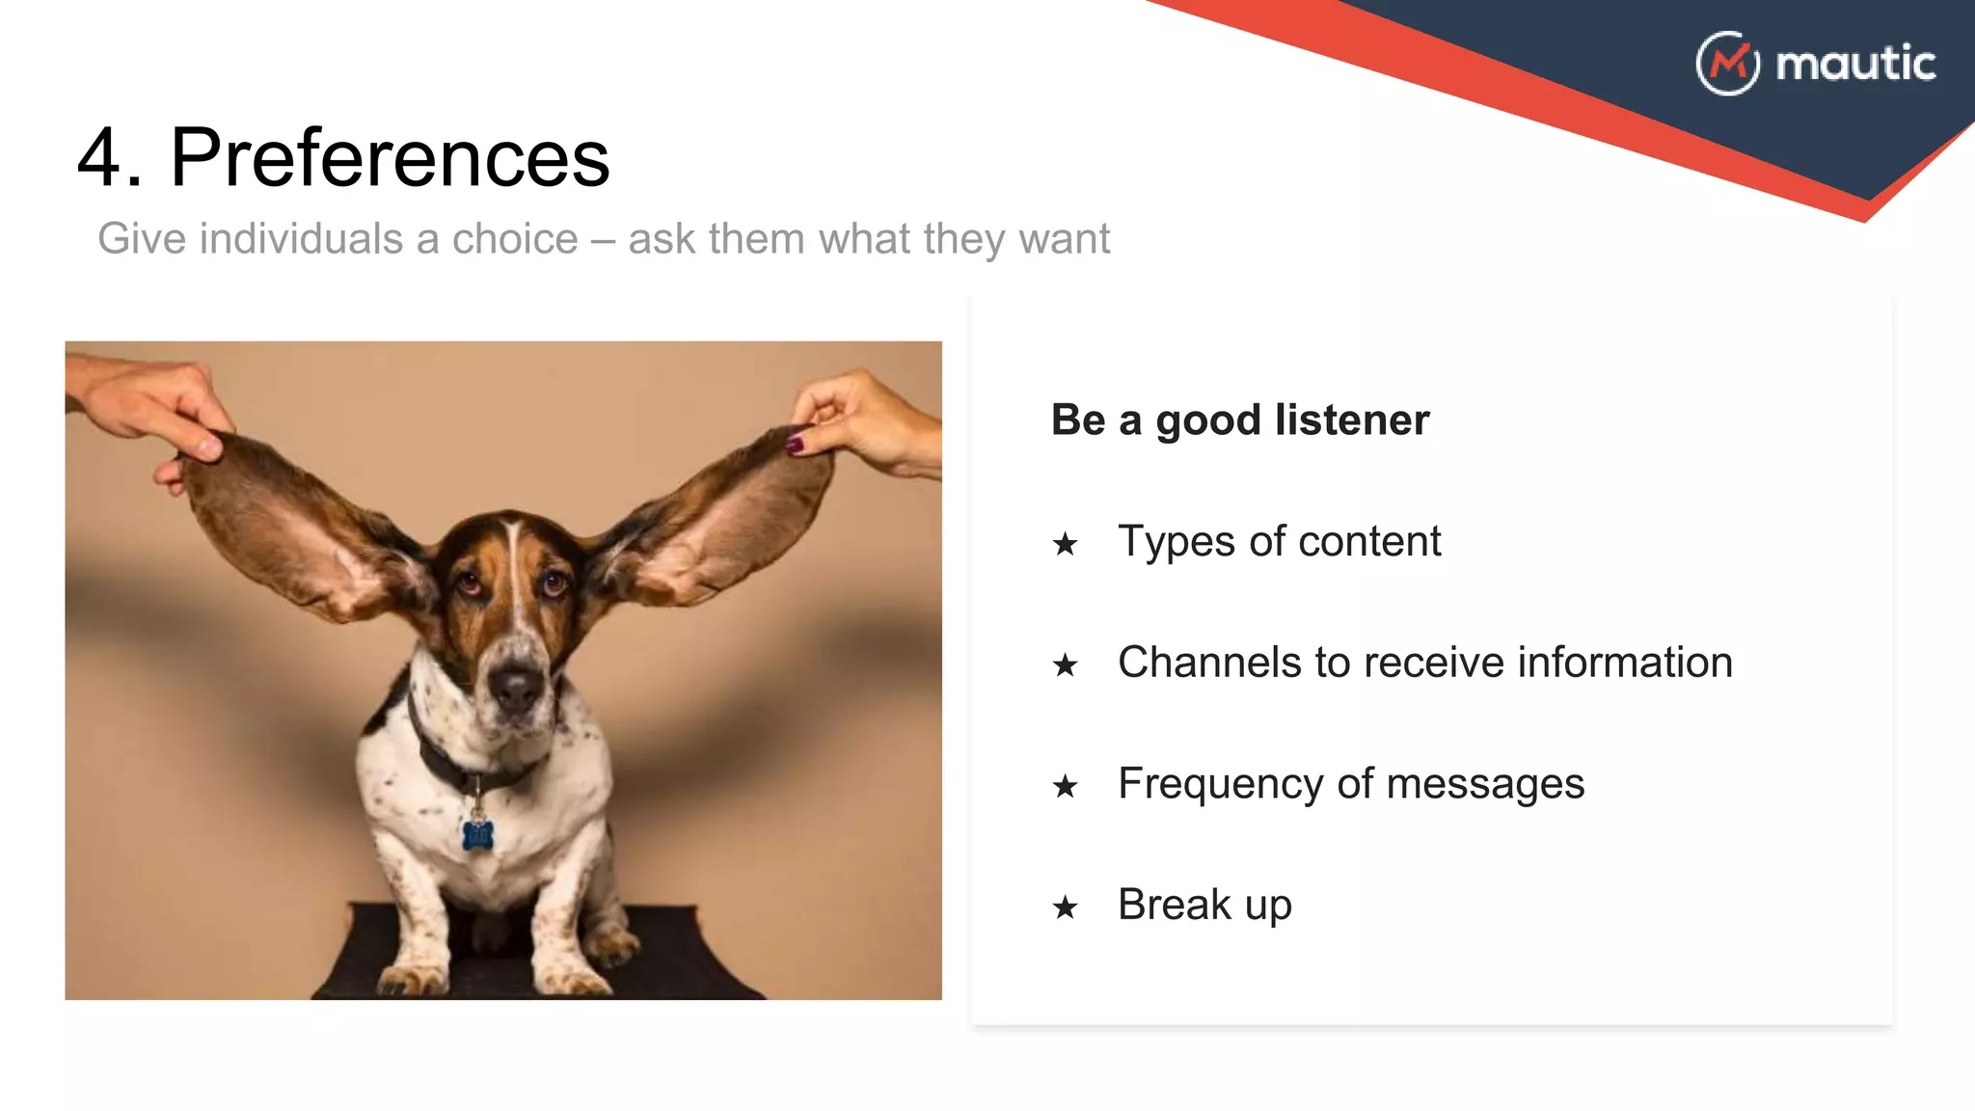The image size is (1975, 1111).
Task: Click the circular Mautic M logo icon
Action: pyautogui.click(x=1727, y=64)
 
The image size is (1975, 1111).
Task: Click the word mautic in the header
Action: pyautogui.click(x=1855, y=64)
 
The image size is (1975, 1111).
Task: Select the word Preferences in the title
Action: pyautogui.click(x=390, y=158)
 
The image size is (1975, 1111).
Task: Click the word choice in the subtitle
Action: pyautogui.click(x=515, y=239)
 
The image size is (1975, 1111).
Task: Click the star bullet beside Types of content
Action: pyautogui.click(x=1065, y=545)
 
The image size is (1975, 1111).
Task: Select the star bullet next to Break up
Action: pyautogui.click(x=1065, y=908)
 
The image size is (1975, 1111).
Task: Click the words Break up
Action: pyautogui.click(x=1204, y=905)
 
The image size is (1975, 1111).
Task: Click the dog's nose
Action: pyautogui.click(x=517, y=686)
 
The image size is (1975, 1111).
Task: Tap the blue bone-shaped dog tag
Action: pyautogui.click(x=477, y=834)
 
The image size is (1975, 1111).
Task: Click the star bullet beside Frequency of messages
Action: pyautogui.click(x=1065, y=787)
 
